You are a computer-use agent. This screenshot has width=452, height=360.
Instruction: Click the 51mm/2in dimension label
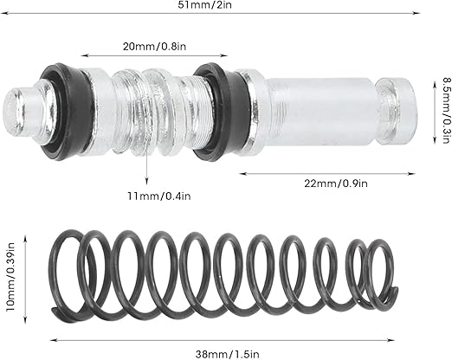[204, 5]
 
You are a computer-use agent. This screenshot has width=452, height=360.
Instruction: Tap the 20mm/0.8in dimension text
[154, 46]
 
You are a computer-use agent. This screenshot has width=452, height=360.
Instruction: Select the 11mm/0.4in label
[159, 196]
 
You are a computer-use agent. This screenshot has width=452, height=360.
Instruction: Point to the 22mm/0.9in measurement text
[336, 183]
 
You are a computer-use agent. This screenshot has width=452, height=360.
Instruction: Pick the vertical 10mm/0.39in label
[10, 280]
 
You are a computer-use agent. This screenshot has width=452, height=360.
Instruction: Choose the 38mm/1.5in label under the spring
[228, 354]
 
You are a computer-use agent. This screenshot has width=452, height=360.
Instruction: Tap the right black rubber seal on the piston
[221, 111]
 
